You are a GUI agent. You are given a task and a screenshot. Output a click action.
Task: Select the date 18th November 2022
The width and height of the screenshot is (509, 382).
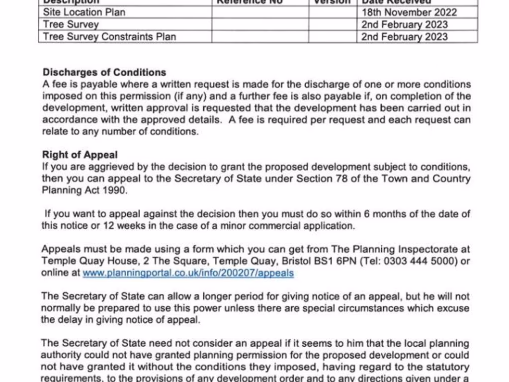coord(409,12)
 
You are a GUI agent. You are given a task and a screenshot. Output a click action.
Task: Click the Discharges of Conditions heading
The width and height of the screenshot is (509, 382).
coord(104,72)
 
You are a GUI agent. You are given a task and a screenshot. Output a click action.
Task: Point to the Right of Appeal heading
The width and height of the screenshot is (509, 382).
coord(80,155)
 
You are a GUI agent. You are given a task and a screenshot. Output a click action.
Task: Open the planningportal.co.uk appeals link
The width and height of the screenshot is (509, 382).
coord(188,273)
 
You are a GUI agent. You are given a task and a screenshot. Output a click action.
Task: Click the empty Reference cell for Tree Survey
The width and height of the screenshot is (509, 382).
coord(260,24)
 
